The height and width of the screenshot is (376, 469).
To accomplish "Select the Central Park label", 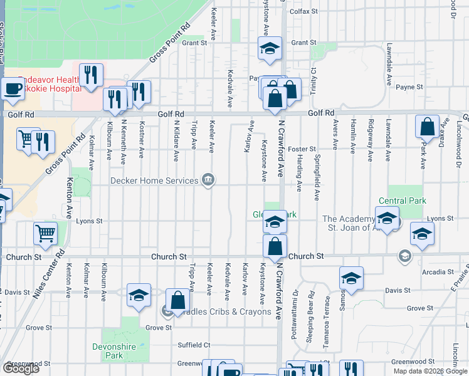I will (402, 201).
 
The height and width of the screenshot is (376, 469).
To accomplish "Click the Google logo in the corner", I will (21, 368).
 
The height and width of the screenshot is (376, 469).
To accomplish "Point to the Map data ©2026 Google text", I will (429, 371).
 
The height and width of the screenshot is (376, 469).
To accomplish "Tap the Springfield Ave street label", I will (319, 178).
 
